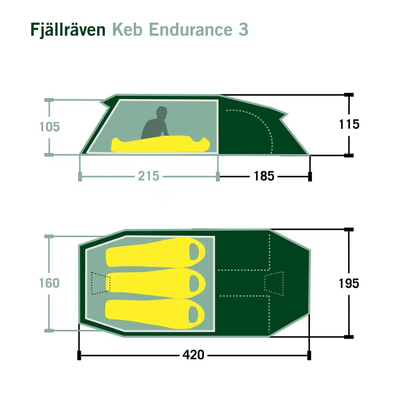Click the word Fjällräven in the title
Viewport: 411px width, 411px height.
(68, 30)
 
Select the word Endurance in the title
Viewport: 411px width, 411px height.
(190, 30)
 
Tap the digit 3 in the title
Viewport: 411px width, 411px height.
(243, 30)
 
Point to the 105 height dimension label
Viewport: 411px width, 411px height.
(49, 127)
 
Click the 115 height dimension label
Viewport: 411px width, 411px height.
(349, 124)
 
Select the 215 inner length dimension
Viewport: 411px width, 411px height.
(149, 176)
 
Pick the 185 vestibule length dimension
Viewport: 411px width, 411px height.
(264, 176)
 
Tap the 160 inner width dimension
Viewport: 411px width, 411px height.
(49, 283)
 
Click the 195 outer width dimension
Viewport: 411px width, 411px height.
(349, 284)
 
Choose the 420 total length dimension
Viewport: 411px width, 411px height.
(193, 355)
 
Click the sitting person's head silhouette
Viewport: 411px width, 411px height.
(161, 113)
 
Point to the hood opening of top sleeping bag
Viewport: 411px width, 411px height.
(195, 252)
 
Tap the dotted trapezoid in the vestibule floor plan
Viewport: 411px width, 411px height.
(274, 283)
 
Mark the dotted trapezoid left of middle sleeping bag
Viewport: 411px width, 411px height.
(101, 283)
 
